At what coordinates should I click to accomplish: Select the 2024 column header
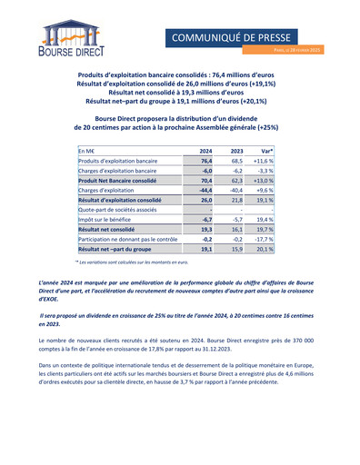point(205,151)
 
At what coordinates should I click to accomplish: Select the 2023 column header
point(236,151)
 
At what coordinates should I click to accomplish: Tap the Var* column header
point(267,151)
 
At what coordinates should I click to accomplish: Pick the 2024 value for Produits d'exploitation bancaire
point(205,161)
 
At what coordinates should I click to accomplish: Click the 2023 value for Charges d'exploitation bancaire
point(236,170)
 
